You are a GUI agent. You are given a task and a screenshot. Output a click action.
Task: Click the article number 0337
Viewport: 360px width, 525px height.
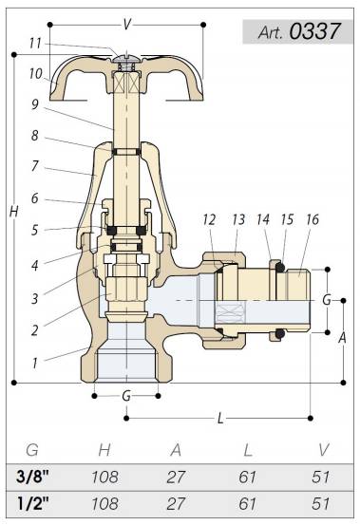(x=314, y=31)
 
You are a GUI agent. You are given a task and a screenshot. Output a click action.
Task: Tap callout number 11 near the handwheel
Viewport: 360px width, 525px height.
(x=35, y=43)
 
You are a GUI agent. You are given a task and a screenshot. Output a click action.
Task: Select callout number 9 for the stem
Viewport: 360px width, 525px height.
(x=35, y=104)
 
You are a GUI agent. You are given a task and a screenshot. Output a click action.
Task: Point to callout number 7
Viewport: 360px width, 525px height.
(x=35, y=166)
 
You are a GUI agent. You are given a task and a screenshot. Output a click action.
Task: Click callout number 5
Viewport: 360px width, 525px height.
(x=34, y=231)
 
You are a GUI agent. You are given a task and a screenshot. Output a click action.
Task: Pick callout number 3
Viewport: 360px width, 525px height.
(x=35, y=298)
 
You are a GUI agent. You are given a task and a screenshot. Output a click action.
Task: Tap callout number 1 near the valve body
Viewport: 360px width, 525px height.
(x=35, y=363)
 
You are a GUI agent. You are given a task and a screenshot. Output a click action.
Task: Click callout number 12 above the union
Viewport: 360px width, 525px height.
(x=209, y=219)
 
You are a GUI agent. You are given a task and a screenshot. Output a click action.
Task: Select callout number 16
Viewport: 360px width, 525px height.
(x=313, y=219)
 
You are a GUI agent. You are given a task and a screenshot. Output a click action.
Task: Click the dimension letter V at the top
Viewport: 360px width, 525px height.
(x=126, y=25)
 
